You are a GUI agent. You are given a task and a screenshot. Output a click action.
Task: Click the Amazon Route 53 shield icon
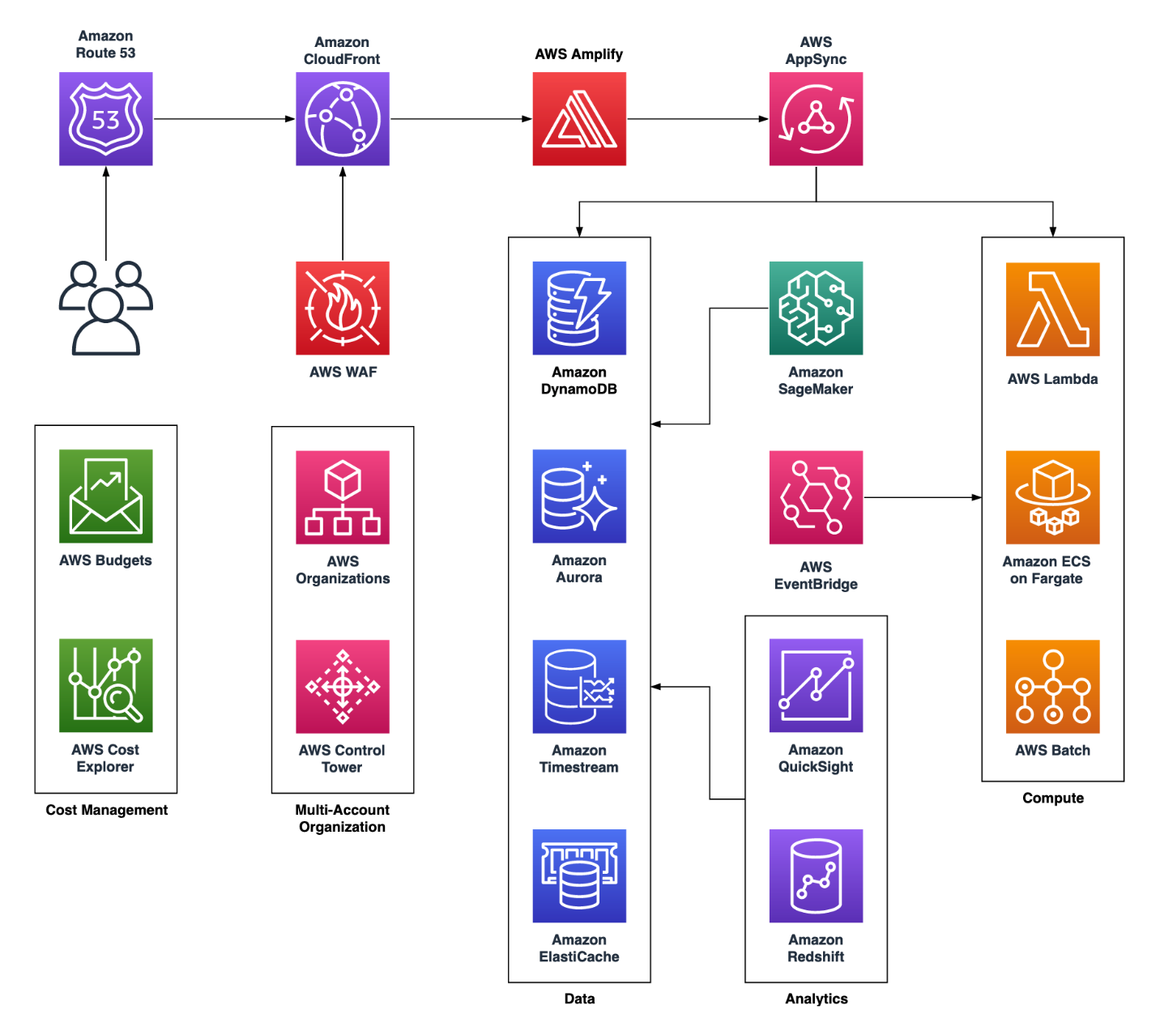[105, 119]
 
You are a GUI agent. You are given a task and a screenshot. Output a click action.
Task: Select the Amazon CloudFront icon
[342, 119]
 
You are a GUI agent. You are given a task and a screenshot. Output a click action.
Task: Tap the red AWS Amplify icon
[579, 119]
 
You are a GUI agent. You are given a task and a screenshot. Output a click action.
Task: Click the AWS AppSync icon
[816, 119]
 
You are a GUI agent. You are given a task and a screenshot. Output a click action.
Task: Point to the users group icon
[105, 309]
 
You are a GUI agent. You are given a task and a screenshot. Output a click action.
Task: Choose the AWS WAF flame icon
[342, 308]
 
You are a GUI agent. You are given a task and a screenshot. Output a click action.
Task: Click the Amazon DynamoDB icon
[579, 308]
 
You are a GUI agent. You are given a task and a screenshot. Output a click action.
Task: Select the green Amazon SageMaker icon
[816, 308]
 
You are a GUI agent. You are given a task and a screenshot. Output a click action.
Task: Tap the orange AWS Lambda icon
[1052, 309]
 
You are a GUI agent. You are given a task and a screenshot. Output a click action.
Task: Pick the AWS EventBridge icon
[816, 497]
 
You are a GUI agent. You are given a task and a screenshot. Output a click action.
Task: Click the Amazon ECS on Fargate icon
[1052, 497]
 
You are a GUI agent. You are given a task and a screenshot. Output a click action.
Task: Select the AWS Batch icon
[1052, 687]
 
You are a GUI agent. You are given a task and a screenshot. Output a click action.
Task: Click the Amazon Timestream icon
[579, 687]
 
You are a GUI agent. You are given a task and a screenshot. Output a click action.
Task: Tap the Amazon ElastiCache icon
[579, 875]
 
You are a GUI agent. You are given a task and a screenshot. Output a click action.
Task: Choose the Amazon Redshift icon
[816, 875]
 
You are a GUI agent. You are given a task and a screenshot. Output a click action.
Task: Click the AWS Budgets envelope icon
[105, 496]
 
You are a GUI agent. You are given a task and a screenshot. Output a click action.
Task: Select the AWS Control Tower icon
[342, 687]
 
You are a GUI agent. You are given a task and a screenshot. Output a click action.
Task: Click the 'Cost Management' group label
[106, 810]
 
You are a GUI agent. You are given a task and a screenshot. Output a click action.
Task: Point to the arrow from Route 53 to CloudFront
[224, 119]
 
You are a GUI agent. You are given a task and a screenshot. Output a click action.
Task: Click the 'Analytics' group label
[816, 999]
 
